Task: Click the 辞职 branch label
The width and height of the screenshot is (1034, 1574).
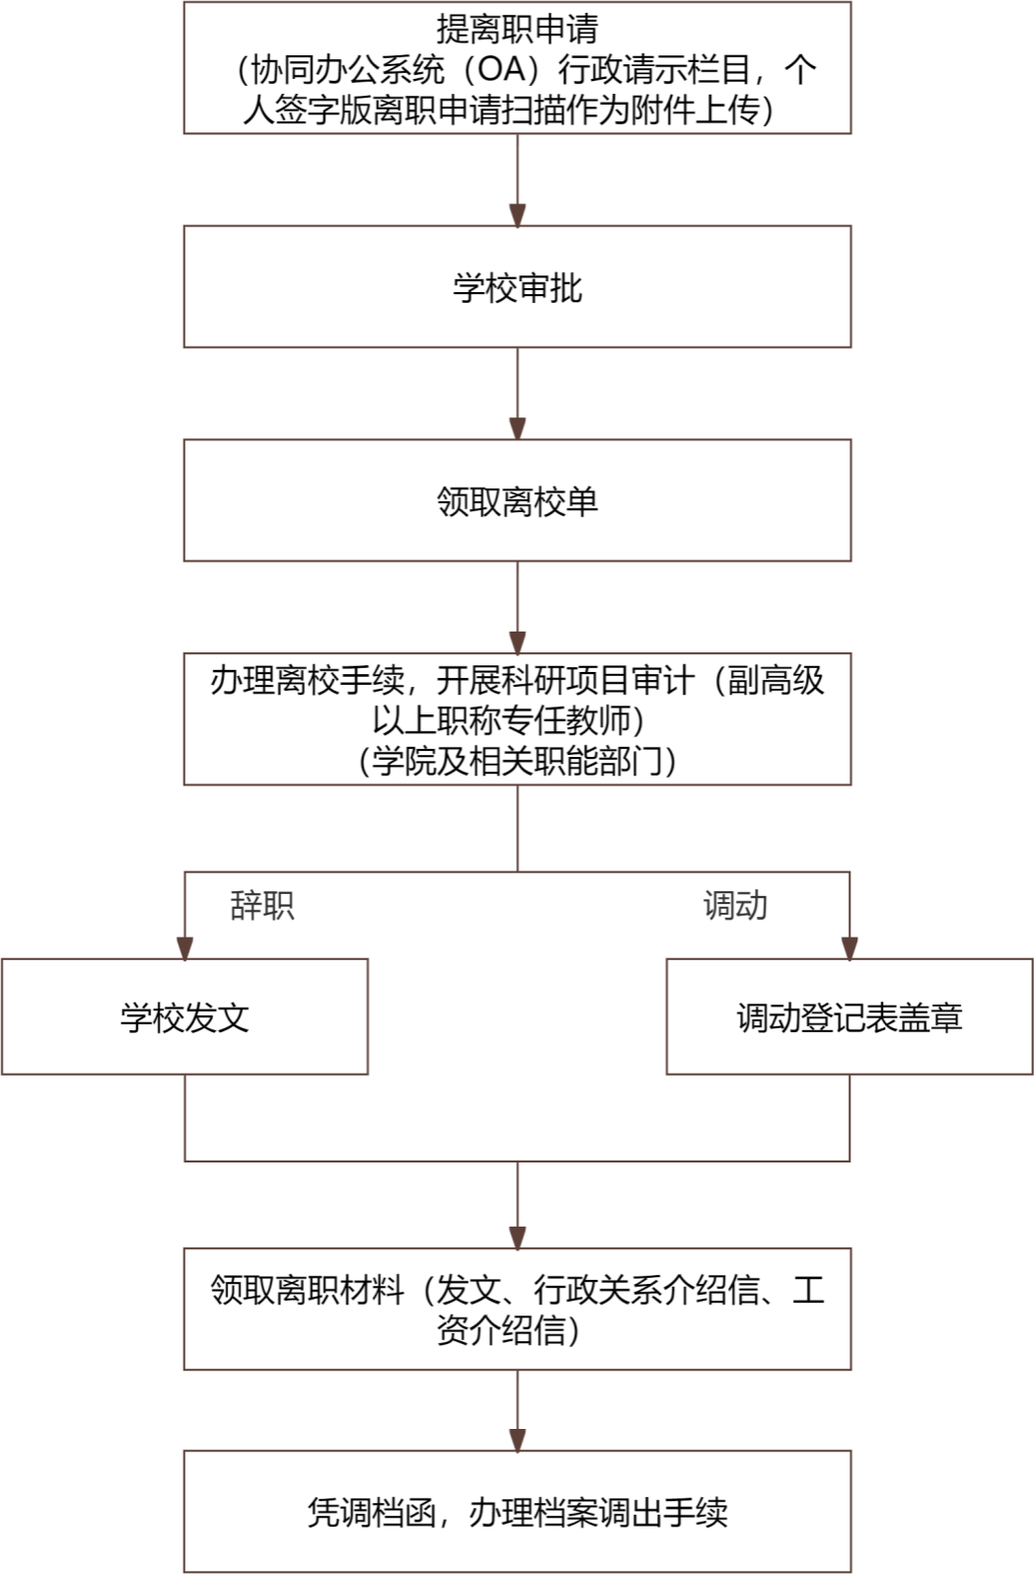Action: point(262,905)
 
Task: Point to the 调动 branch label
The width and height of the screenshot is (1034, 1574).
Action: point(735,905)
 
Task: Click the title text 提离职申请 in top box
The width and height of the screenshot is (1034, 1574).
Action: point(517,29)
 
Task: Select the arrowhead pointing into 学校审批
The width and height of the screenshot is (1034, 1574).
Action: point(518,215)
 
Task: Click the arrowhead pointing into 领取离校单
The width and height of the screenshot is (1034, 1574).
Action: point(518,428)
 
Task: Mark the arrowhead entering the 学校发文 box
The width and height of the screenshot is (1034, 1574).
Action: point(185,948)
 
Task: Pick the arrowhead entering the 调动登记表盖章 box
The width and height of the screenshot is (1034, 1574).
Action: point(849,948)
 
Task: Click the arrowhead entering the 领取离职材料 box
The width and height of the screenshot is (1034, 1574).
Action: point(518,1238)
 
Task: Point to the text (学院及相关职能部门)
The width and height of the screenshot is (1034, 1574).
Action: point(517,760)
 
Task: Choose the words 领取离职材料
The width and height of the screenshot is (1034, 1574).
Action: point(308,1289)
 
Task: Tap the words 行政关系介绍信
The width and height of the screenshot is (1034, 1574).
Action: point(647,1289)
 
